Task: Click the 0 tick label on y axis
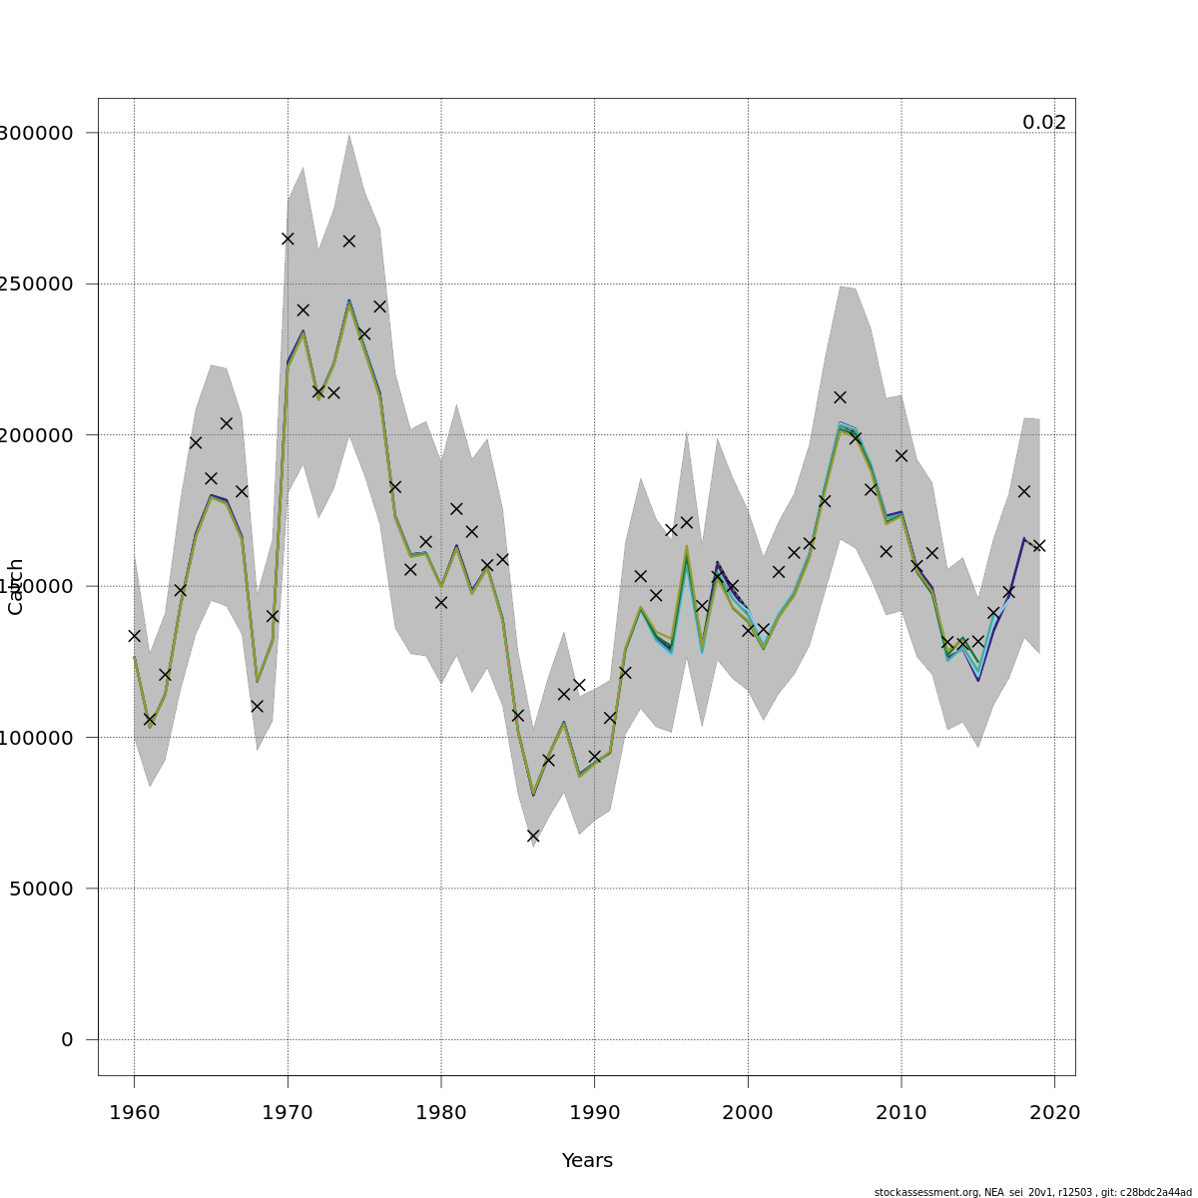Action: (x=67, y=1040)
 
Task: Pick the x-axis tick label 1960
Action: (x=134, y=1113)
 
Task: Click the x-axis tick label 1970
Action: (x=288, y=1113)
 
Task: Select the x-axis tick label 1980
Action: (x=441, y=1113)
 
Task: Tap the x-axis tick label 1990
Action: (x=595, y=1113)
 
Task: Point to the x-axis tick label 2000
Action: (x=748, y=1113)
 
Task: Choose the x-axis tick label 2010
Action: (x=901, y=1113)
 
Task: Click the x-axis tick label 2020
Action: (x=1055, y=1113)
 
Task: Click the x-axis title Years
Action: (x=587, y=1161)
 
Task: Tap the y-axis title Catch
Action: (x=16, y=586)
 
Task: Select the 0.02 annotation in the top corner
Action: (x=1044, y=123)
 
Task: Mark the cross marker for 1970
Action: (x=288, y=239)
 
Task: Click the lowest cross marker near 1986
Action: (x=533, y=836)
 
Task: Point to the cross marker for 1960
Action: (x=134, y=635)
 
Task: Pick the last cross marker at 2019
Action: (x=1039, y=546)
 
